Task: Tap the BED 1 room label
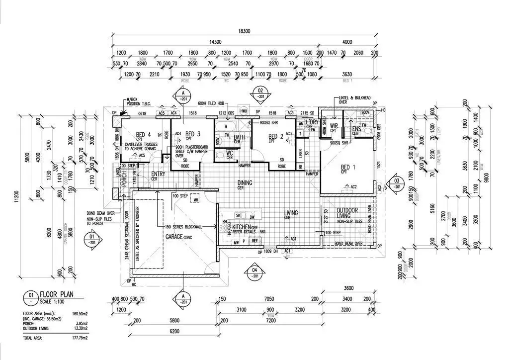(x=348, y=167)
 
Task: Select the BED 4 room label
(x=144, y=135)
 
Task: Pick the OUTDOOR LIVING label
(x=347, y=213)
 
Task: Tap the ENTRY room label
(x=158, y=174)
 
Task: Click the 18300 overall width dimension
(x=244, y=31)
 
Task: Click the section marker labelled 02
(x=259, y=93)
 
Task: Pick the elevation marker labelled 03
(x=396, y=182)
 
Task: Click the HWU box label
(x=243, y=111)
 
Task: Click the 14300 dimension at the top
(x=215, y=42)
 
